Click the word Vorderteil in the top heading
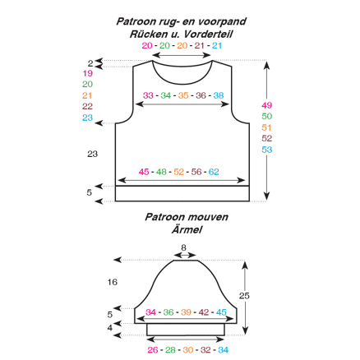[208, 35]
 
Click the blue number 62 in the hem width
[214, 172]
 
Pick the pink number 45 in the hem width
[144, 172]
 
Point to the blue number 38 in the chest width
[219, 95]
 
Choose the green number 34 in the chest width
[166, 95]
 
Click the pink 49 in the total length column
[266, 105]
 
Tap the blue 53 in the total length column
[266, 150]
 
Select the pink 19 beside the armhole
[88, 73]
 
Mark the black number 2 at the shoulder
[90, 63]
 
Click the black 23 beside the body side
[93, 154]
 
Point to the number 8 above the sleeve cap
[183, 247]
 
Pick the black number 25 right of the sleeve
[244, 296]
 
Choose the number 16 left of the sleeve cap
[113, 282]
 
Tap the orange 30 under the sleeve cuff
[188, 350]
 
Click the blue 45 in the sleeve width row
[221, 312]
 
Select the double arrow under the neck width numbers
[182, 55]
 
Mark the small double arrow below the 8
[185, 255]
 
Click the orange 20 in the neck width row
[182, 45]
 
